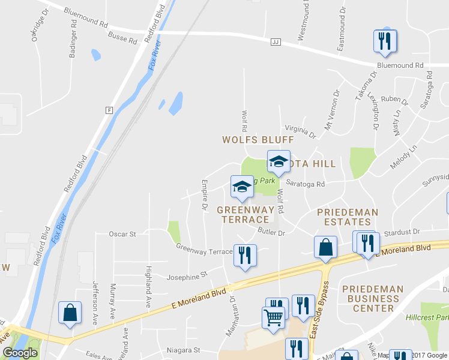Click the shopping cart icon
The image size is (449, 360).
tap(274, 317)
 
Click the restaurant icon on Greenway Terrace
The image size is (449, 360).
tap(245, 255)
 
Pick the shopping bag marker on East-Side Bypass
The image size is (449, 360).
tap(325, 247)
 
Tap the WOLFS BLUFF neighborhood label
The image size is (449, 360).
tap(258, 139)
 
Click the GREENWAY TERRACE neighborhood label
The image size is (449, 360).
tap(246, 215)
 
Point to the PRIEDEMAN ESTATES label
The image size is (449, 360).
tap(348, 217)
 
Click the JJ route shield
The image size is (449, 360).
tap(276, 41)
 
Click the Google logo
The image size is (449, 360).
tap(20, 353)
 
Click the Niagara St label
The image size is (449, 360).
tap(182, 349)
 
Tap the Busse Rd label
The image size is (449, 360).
tap(122, 39)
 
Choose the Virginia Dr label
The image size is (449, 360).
tap(300, 130)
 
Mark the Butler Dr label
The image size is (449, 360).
tap(269, 232)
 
